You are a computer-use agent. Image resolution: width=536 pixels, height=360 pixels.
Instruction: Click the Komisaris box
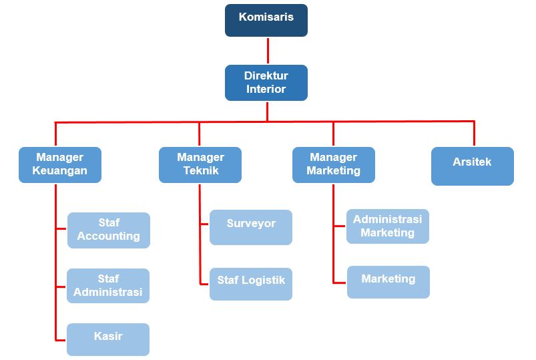coord(266,20)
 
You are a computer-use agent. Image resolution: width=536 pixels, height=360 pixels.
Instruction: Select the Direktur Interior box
coord(266,82)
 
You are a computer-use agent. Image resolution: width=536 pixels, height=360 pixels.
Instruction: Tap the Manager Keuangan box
coord(60,164)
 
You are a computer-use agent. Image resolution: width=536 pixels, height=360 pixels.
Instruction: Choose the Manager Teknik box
coord(200,164)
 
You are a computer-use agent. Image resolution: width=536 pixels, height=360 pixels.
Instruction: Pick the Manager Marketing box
coord(334,164)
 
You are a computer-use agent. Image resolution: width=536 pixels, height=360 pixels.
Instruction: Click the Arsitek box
coord(473,166)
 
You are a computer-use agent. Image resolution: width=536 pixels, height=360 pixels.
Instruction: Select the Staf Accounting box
coord(109,230)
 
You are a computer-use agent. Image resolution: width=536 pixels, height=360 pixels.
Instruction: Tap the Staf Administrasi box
coord(108,286)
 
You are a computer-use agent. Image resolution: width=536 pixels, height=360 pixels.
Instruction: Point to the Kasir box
coord(108,339)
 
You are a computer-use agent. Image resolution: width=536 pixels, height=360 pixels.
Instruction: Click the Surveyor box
coord(251,227)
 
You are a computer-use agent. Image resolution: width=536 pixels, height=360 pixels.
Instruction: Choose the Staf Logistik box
coord(251,284)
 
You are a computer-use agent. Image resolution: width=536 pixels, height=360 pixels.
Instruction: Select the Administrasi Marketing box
coord(388,226)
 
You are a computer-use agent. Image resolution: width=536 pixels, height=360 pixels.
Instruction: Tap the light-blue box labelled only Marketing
coord(388,282)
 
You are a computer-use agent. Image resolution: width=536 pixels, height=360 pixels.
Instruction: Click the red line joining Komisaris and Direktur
coord(268,51)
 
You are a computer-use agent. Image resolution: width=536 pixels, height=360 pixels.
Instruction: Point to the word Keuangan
coord(60,170)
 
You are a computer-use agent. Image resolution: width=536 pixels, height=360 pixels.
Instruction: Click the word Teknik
coord(201,170)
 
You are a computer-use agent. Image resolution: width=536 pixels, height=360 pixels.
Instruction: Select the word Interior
coord(266,89)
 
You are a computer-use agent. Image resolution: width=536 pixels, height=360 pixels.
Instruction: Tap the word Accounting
coord(109,236)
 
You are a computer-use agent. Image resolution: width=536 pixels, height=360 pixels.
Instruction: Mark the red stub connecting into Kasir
coord(61,340)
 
